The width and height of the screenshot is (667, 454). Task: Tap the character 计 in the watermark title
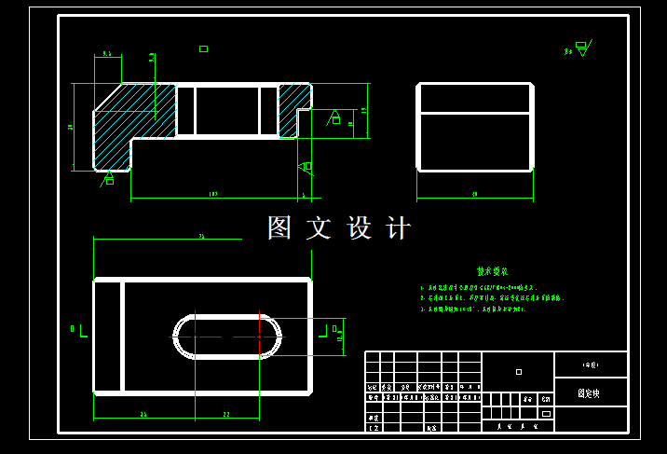point(398,228)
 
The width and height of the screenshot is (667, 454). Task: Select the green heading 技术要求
point(492,271)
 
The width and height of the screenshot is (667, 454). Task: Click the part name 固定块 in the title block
point(589,394)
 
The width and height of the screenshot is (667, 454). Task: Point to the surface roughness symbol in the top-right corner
point(582,48)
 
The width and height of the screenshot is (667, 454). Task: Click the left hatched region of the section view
point(130,117)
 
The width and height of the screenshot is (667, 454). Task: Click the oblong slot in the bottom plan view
point(226,336)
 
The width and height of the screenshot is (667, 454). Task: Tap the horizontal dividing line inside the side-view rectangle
point(475,114)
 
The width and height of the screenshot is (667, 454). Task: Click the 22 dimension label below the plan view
point(226,414)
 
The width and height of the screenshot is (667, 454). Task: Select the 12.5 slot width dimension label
point(340,336)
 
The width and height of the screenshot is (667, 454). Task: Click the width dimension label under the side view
point(475,194)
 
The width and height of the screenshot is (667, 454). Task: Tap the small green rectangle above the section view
point(203,48)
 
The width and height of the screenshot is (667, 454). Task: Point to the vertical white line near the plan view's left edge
point(122,336)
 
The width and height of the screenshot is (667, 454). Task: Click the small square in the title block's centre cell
point(519,371)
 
